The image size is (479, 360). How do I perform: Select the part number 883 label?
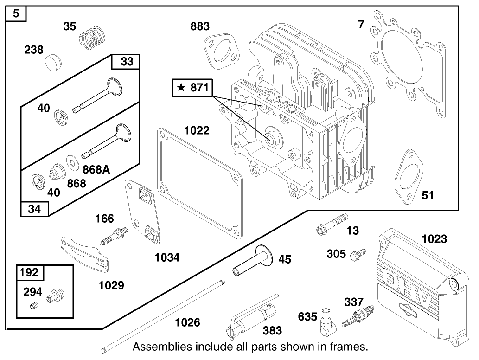[200, 26]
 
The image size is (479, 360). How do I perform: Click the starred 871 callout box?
[192, 88]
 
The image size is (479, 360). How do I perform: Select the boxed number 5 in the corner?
[16, 14]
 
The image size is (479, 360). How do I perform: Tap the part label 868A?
[96, 169]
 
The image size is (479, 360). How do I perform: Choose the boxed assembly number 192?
[28, 272]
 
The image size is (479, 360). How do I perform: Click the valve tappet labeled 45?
[253, 261]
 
